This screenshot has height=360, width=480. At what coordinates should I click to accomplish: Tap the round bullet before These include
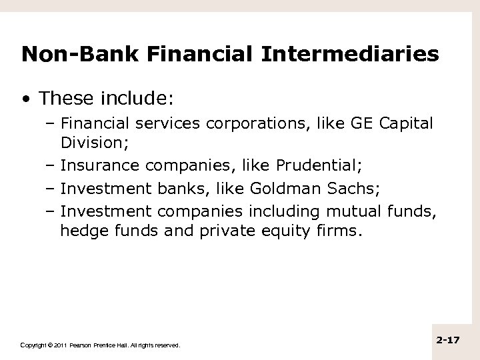(x=25, y=99)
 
